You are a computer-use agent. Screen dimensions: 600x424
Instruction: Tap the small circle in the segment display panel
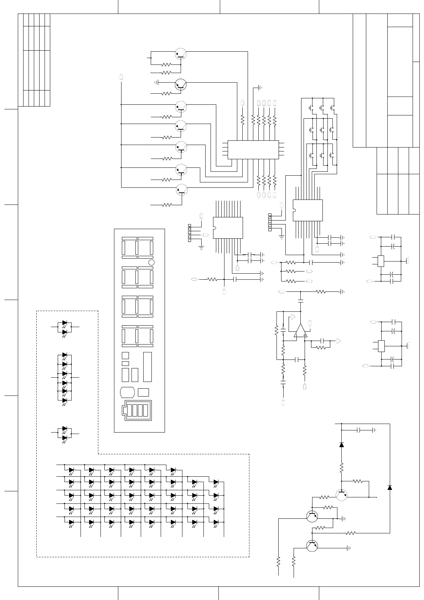[x=151, y=263]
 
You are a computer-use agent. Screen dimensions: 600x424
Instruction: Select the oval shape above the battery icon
[x=127, y=392]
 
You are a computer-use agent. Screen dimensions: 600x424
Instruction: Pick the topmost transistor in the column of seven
[x=181, y=54]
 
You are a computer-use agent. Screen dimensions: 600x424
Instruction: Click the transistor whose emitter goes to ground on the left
[x=181, y=84]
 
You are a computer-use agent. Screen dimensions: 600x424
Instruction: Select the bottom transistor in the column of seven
[x=181, y=190]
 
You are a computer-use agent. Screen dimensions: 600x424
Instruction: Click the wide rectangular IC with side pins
[x=253, y=150]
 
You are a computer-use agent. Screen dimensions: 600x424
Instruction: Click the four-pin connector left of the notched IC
[x=190, y=232]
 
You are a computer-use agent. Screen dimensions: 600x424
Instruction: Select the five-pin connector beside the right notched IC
[x=270, y=222]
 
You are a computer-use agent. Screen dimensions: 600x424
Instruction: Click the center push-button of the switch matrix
[x=322, y=130]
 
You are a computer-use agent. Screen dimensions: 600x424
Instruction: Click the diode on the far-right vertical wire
[x=390, y=487]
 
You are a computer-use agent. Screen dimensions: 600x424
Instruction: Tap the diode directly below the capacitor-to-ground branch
[x=342, y=444]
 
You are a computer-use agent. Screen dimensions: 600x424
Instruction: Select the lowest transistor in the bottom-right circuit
[x=312, y=546]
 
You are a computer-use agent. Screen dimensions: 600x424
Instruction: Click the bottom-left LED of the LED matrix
[x=71, y=522]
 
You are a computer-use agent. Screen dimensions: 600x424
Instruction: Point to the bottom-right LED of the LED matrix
[x=216, y=522]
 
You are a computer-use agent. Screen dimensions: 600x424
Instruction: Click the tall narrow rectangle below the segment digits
[x=148, y=367]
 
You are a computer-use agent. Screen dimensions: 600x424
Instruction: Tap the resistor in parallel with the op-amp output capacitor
[x=321, y=347]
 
